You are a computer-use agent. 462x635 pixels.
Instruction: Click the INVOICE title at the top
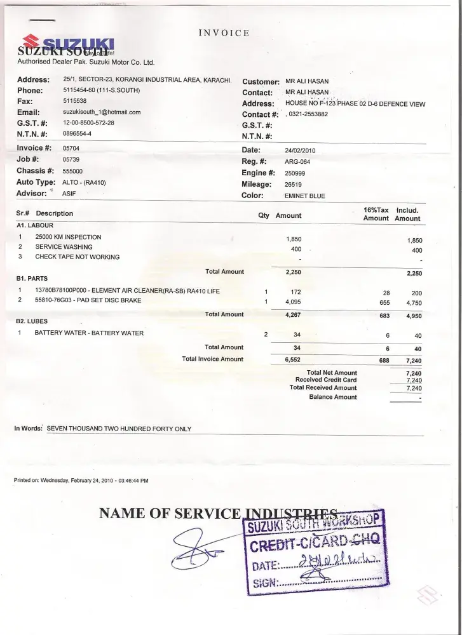(224, 33)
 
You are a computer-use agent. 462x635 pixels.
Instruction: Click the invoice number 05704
(71, 148)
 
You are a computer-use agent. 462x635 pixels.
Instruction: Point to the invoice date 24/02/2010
(300, 150)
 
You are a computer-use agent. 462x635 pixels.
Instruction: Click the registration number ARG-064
(297, 162)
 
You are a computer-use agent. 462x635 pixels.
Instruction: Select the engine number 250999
(295, 173)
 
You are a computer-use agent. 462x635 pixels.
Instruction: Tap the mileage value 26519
(293, 185)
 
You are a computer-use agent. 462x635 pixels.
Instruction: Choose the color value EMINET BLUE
(304, 196)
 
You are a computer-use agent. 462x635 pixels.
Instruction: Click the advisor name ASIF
(69, 193)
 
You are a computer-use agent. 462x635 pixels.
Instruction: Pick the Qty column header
(263, 216)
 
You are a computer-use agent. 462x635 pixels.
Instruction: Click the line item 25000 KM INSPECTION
(68, 237)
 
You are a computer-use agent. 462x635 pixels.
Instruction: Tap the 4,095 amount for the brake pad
(292, 302)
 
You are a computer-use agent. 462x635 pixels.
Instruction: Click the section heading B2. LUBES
(32, 321)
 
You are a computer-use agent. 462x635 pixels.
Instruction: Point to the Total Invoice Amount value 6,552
(292, 359)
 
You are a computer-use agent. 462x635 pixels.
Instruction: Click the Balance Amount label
(333, 397)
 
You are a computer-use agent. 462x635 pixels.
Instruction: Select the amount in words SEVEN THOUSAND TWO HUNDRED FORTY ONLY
(119, 429)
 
